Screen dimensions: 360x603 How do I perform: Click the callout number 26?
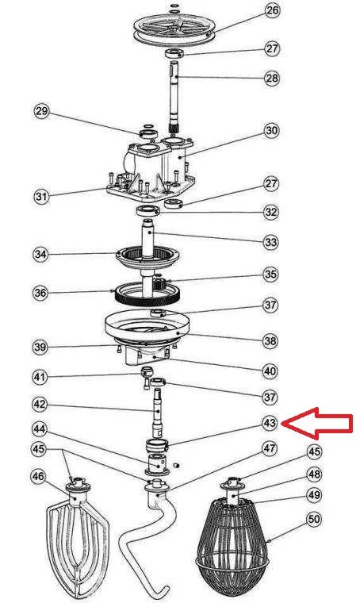272,11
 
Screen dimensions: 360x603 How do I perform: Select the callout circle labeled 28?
272,78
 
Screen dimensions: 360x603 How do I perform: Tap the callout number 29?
41,112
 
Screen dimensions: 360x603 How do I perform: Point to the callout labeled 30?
271,131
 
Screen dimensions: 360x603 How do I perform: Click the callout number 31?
41,197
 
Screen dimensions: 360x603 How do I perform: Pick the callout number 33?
270,242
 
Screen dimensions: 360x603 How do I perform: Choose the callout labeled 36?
40,293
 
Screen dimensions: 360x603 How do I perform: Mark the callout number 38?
270,340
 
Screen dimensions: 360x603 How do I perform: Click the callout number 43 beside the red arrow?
270,423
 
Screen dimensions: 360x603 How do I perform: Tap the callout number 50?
314,520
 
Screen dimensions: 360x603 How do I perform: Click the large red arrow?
317,424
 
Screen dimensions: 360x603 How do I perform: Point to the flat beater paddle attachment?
78,539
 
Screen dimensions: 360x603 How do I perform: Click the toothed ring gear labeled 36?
147,293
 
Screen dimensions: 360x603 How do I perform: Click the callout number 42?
40,404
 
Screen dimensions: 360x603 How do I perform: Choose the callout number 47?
270,448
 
